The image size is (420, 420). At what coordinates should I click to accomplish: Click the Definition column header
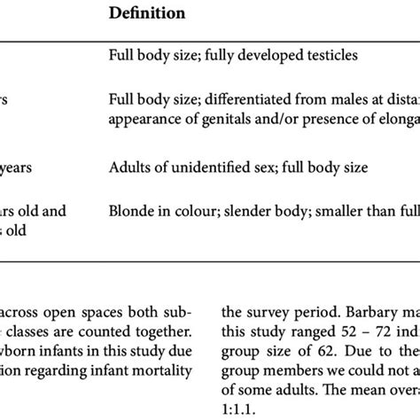[x=148, y=14]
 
